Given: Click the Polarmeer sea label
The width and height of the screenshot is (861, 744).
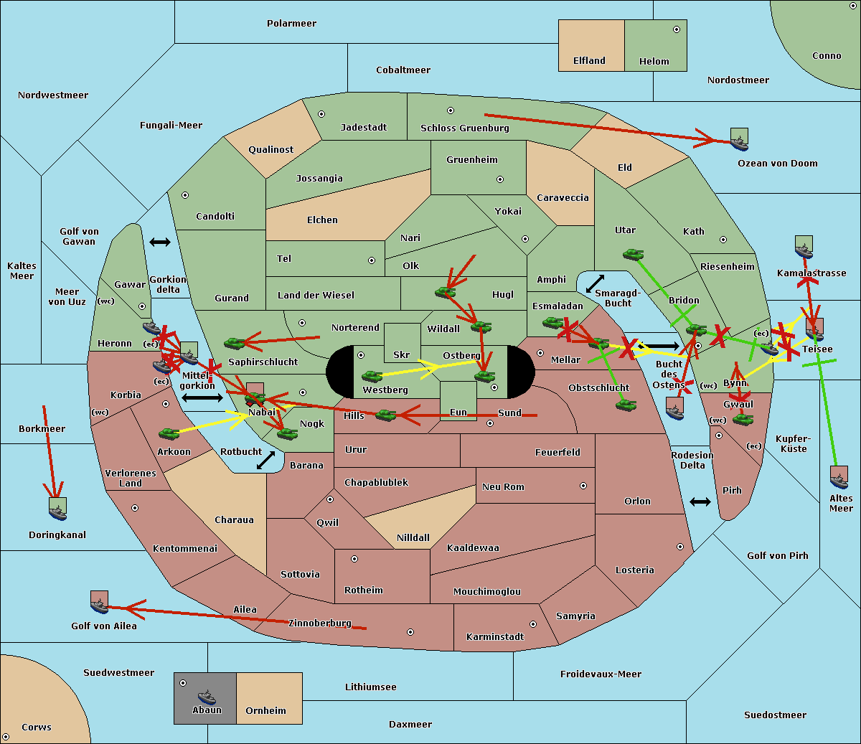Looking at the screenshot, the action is (291, 24).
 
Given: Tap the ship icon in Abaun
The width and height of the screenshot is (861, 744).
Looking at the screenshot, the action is (207, 697).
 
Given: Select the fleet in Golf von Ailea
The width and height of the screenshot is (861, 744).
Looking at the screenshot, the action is (100, 606).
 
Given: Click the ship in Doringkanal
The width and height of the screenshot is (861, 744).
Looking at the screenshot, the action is (57, 512).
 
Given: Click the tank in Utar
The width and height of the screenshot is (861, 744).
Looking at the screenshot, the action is (633, 254).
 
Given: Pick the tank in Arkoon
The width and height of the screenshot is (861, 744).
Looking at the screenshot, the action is (169, 433).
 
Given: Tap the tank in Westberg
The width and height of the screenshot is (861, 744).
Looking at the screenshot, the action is (372, 376).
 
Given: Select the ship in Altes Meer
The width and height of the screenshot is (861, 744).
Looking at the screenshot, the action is (839, 481).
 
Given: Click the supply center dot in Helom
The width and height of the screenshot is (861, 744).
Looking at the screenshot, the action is (677, 29).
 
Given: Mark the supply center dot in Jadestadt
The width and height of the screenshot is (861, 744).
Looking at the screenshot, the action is (321, 114).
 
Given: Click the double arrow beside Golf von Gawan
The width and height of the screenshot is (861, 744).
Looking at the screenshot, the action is (160, 242).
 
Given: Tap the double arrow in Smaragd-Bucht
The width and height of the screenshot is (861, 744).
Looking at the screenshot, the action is (595, 283).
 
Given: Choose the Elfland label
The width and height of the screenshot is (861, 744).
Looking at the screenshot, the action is (589, 61).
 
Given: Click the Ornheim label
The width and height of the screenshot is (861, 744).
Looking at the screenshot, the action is (265, 710).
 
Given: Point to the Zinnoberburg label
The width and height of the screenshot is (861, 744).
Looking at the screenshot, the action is (320, 623).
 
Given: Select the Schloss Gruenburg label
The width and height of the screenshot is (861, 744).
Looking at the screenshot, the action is (465, 128).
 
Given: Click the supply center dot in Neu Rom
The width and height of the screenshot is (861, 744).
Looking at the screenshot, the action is (583, 486).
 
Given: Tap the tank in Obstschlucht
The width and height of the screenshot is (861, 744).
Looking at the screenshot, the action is (626, 405).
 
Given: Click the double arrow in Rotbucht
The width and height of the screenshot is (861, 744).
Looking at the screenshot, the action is (265, 460).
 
